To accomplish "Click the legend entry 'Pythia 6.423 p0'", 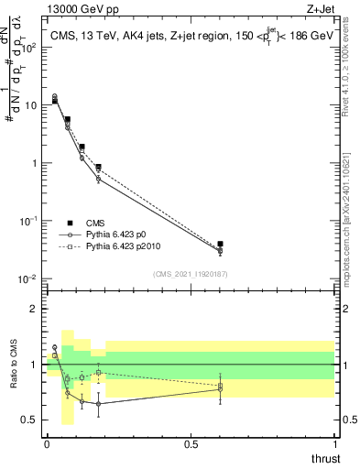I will pyautogui.click(x=120, y=234).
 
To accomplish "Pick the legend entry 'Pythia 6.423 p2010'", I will pyautogui.click(x=126, y=247).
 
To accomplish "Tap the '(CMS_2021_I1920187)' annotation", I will pyautogui.click(x=190, y=272).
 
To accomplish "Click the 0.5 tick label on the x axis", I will pyautogui.click(x=191, y=444).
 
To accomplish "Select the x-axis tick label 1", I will pyautogui.click(x=334, y=444).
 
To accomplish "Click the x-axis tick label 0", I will pyautogui.click(x=46, y=444).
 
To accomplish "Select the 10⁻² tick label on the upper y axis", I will pyautogui.click(x=29, y=278).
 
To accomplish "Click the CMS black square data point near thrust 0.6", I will pyautogui.click(x=220, y=245).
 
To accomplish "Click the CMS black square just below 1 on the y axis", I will pyautogui.click(x=98, y=168).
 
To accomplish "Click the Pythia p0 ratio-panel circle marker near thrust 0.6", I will pyautogui.click(x=220, y=389).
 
